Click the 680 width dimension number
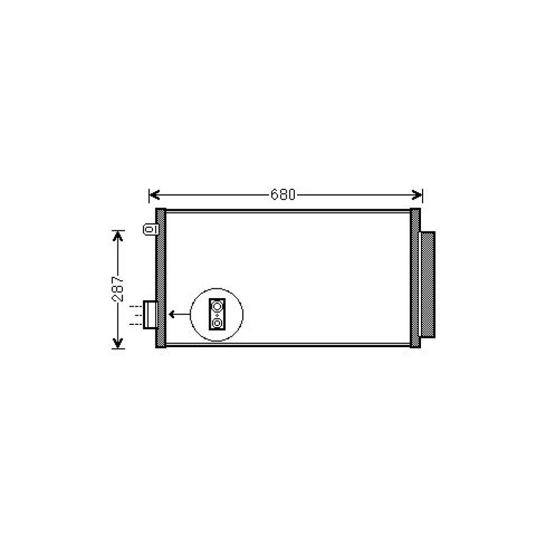283,195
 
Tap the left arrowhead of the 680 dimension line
153,195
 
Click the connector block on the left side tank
150,315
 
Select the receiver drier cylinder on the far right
428,284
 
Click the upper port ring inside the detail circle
217,306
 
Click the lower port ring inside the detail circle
217,324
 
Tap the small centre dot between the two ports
217,315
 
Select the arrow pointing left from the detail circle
179,314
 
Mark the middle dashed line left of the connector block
135,316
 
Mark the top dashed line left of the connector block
135,307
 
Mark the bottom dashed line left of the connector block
135,324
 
